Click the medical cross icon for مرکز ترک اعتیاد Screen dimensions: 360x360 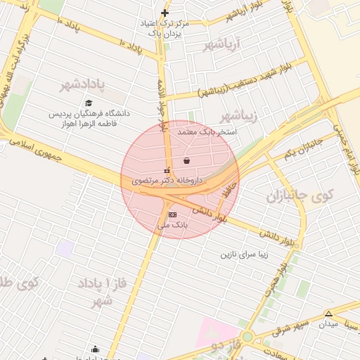tap(165, 13)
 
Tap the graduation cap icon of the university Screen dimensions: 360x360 tap(89, 103)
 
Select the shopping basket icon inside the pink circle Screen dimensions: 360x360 tap(186, 160)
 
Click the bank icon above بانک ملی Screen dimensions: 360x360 tap(173, 214)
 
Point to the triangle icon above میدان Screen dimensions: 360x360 tap(328, 313)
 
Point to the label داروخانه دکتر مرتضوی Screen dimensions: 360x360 tap(167, 181)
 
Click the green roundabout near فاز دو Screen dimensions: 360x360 tap(247, 337)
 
